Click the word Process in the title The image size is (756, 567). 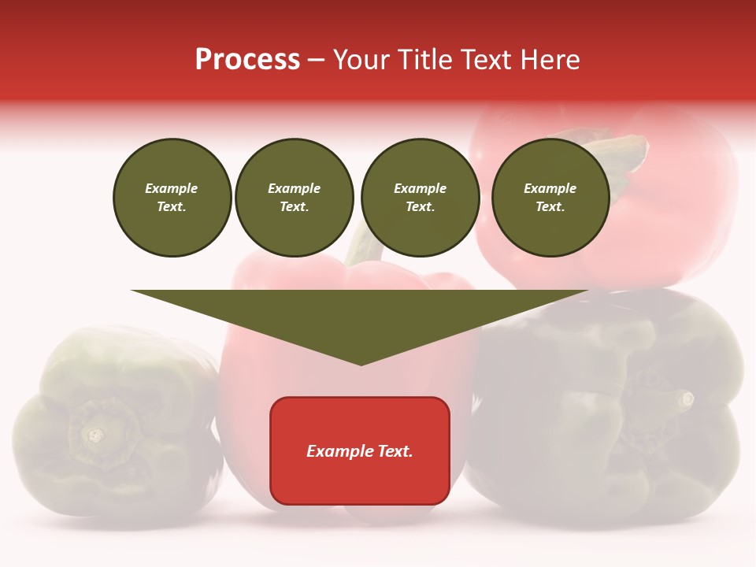pos(247,60)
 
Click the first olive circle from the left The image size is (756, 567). pos(172,198)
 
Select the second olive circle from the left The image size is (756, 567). pos(295,198)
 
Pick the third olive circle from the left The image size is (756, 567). pos(421,198)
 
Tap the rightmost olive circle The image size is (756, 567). pos(550,198)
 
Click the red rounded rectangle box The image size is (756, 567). pos(360,450)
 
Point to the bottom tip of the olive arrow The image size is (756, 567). pos(361,364)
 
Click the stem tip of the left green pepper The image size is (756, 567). pos(95,435)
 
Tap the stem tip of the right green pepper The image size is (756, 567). pos(687,398)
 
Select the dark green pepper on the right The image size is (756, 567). pos(606,409)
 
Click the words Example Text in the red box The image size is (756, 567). pos(360,451)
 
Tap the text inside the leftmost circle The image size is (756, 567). pos(172,198)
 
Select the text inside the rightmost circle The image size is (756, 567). pos(550,198)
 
